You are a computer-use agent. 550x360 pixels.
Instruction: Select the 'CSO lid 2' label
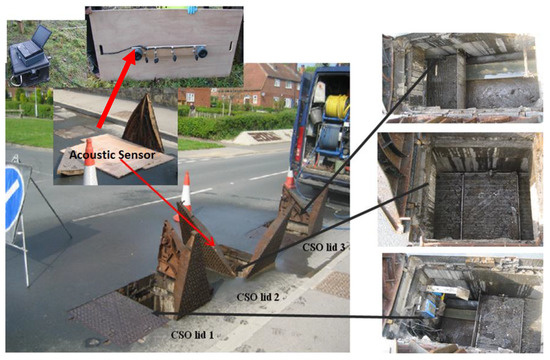257,298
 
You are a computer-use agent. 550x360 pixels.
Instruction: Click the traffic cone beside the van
290,180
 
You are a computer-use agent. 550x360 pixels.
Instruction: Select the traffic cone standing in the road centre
186,190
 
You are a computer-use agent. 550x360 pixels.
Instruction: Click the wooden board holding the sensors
165,40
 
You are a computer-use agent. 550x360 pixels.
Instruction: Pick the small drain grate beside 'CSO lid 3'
333,285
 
